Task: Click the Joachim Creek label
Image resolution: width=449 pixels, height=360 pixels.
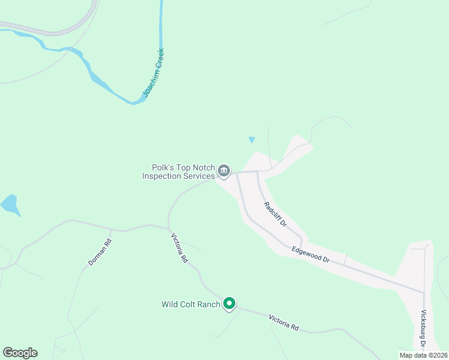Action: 153,73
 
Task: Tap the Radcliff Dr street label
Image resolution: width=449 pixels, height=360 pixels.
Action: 276,214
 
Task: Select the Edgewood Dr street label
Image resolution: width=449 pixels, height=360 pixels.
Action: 311,254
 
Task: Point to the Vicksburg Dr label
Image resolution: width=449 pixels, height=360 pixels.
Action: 423,329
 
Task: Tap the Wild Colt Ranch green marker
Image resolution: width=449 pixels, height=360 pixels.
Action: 229,304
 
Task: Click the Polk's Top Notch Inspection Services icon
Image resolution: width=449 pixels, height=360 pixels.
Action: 223,172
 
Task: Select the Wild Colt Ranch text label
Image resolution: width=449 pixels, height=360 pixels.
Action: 191,304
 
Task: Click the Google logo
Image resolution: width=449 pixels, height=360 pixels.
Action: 20,353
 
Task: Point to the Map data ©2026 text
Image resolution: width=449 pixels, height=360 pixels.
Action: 423,355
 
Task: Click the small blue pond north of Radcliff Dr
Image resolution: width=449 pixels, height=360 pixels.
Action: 252,140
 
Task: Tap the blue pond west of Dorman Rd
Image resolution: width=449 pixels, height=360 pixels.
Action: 10,205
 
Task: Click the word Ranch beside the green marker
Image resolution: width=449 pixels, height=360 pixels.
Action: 209,304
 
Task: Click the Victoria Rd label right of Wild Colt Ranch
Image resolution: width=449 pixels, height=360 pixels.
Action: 283,322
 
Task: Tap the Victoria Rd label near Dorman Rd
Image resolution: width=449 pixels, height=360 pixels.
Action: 179,248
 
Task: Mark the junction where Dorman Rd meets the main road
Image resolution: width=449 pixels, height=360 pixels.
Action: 110,229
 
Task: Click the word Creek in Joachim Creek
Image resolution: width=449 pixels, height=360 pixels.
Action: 158,61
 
